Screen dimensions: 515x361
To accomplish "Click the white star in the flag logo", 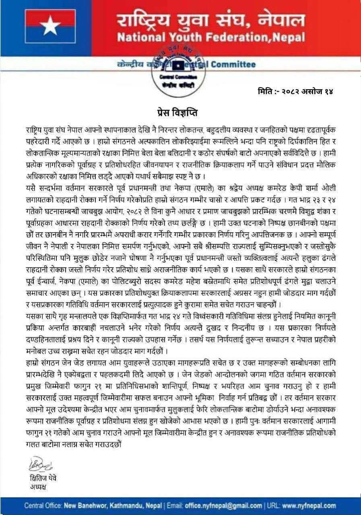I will (x=50, y=27).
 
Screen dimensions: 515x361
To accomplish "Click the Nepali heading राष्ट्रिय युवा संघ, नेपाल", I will (x=210, y=20).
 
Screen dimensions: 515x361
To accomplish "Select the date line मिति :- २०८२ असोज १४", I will (x=296, y=91).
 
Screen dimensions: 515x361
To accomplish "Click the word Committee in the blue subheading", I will (x=233, y=64).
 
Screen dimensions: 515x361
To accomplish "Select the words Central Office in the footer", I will (x=43, y=505).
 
